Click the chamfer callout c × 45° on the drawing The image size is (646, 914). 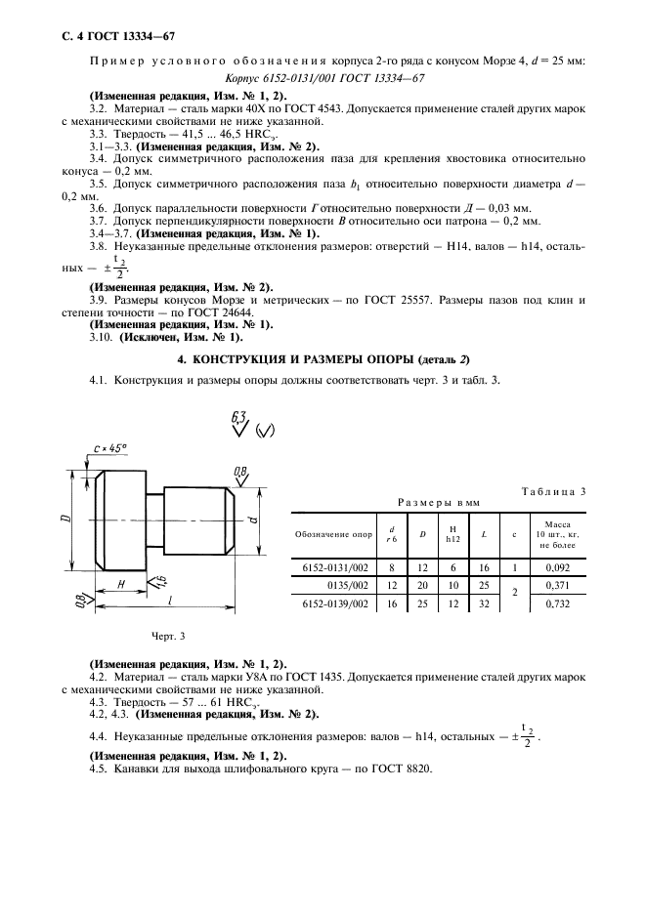pos(107,448)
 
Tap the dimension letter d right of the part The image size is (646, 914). pos(253,519)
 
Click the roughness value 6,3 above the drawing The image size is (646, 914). pos(237,417)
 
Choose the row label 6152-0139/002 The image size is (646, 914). pos(334,605)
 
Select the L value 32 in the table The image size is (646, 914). pos(484,605)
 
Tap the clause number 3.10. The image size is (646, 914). pos(101,337)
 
